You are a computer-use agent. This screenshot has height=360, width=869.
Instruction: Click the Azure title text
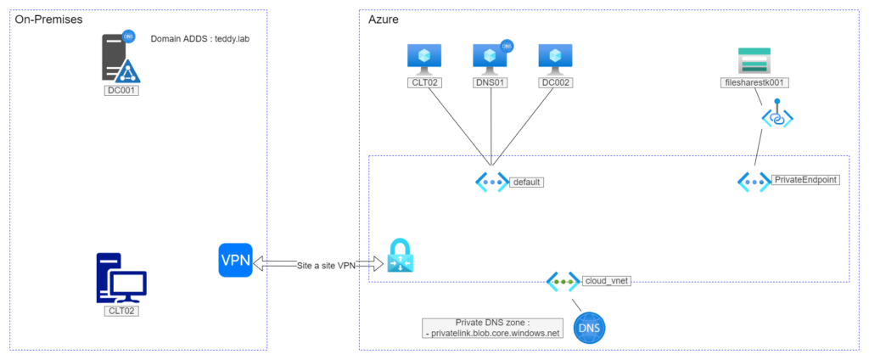click(x=384, y=19)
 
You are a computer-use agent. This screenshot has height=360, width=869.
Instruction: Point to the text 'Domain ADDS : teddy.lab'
click(x=199, y=39)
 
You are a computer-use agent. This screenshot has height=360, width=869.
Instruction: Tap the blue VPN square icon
click(x=235, y=260)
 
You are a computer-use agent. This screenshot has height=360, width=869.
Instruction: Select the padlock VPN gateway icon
click(x=398, y=256)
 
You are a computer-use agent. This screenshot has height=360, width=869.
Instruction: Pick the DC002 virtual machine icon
click(x=556, y=57)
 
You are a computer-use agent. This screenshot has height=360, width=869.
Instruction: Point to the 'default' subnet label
click(x=526, y=182)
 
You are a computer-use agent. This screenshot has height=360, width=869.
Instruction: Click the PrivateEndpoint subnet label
click(x=805, y=180)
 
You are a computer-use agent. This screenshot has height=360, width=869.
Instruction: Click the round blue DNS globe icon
click(x=591, y=328)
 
